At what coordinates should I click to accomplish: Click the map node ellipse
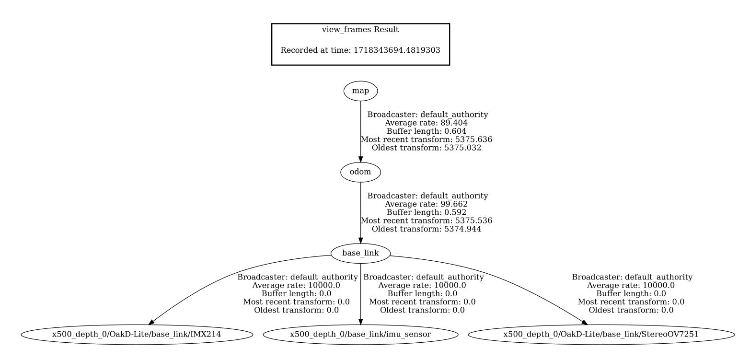point(360,91)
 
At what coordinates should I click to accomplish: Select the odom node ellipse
point(360,172)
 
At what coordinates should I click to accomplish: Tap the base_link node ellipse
point(360,253)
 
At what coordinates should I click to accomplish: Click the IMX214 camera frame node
point(137,334)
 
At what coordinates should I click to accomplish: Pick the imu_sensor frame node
point(360,334)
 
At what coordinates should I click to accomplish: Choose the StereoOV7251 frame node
point(601,334)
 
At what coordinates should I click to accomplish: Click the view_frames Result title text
point(360,30)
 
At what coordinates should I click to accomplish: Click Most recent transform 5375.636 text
point(427,139)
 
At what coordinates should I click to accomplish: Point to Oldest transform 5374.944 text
point(427,229)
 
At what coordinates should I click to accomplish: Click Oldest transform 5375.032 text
point(427,148)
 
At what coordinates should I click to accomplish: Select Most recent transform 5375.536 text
point(427,221)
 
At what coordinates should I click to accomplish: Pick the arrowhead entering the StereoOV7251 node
point(584,322)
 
